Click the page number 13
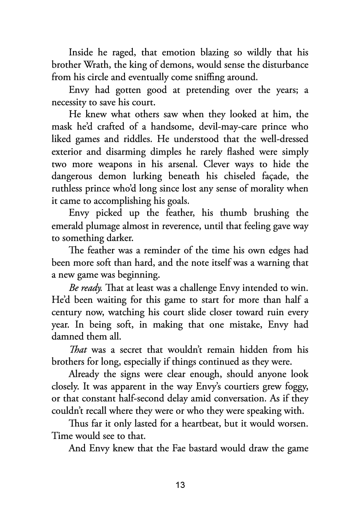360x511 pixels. tap(180, 485)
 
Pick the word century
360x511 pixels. tap(68, 312)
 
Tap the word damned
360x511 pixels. tap(68, 337)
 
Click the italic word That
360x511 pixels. tap(78, 350)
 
